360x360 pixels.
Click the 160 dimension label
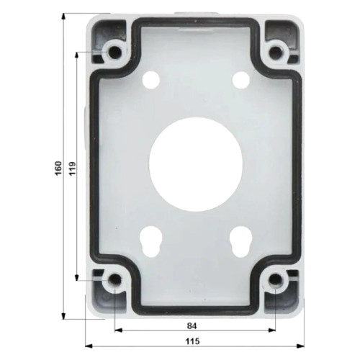click(x=58, y=168)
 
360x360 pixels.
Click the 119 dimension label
click(x=72, y=168)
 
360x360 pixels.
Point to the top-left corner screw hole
click(x=114, y=52)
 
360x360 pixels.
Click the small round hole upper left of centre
click(x=152, y=78)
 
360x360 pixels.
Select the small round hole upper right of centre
click(x=240, y=78)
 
